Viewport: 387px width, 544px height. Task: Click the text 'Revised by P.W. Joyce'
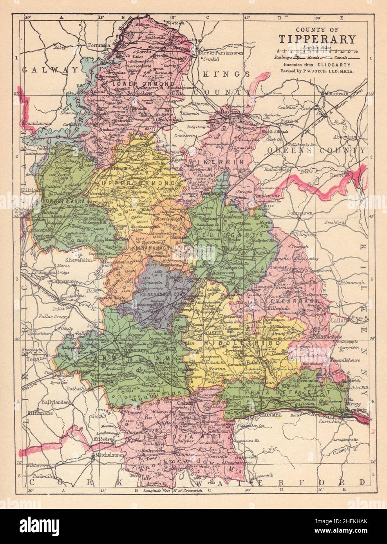[x=320, y=71]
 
